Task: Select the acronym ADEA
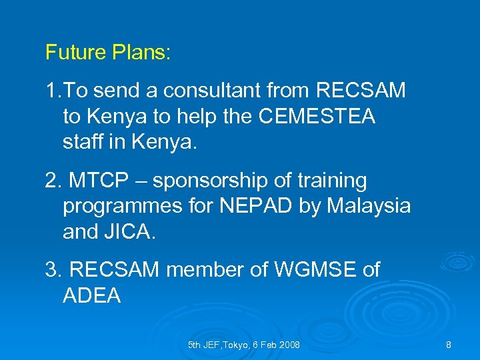[x=92, y=295]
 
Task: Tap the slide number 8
[x=449, y=345]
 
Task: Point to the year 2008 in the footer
[x=289, y=345]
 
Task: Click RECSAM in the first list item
[x=361, y=91]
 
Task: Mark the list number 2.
[x=51, y=181]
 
